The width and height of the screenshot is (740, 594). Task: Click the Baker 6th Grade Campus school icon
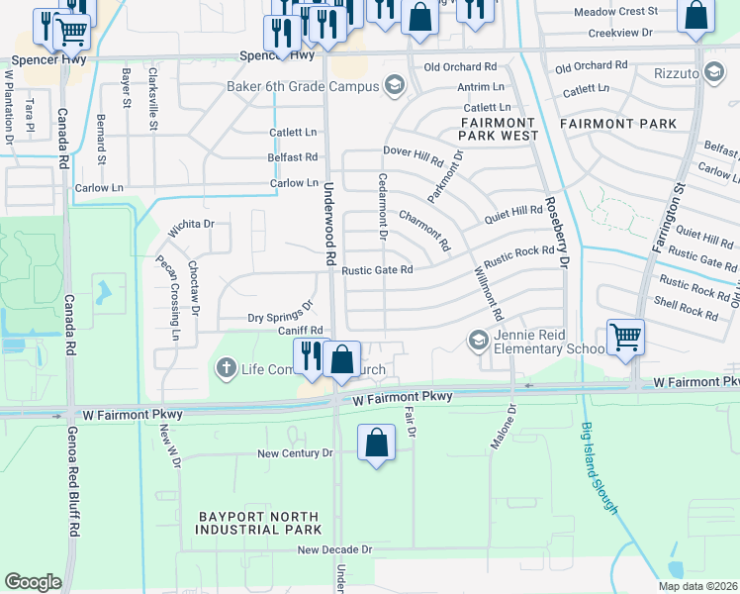point(395,86)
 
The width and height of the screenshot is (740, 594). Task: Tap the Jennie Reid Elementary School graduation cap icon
point(478,341)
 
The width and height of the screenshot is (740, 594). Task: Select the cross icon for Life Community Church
point(226,369)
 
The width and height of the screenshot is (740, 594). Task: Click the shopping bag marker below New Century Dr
point(377,444)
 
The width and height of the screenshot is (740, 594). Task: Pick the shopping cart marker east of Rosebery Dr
point(625,338)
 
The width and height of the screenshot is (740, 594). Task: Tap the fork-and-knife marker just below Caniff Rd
point(311,356)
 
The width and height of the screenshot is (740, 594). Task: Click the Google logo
point(33,582)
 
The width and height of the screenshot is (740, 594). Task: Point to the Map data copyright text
point(697,586)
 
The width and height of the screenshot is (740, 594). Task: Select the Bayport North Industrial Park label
point(259,524)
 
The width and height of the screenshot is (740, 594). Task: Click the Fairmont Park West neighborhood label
point(499,128)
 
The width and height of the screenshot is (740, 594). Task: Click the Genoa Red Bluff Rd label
point(72,486)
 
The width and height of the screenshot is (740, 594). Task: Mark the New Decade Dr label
point(333,549)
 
